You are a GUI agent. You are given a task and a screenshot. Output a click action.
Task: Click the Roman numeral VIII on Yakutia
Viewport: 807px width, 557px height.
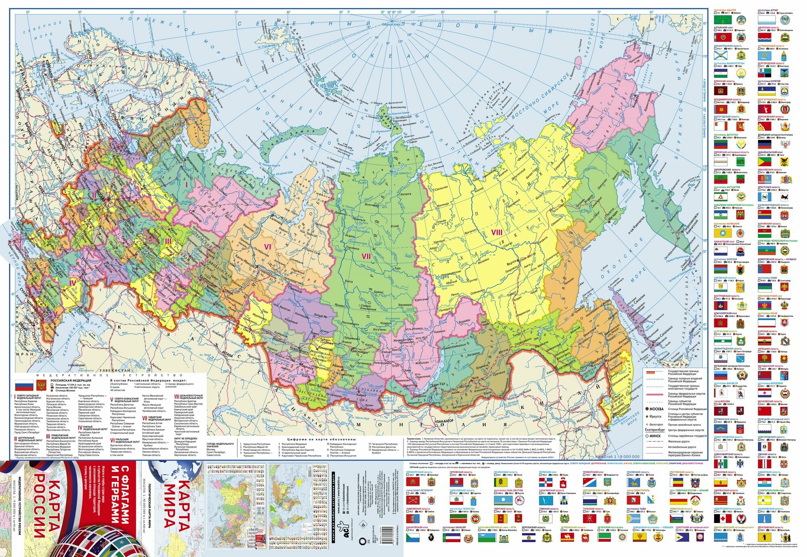pos(496,232)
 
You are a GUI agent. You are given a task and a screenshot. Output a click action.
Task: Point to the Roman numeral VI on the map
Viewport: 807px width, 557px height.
pos(267,246)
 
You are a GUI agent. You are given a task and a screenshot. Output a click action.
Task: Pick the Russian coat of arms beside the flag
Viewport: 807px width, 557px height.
pos(41,385)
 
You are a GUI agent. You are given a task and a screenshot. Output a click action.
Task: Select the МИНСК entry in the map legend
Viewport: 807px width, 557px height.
pos(654,436)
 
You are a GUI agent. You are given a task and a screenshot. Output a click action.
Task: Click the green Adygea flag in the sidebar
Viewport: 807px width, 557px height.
pos(721,19)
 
